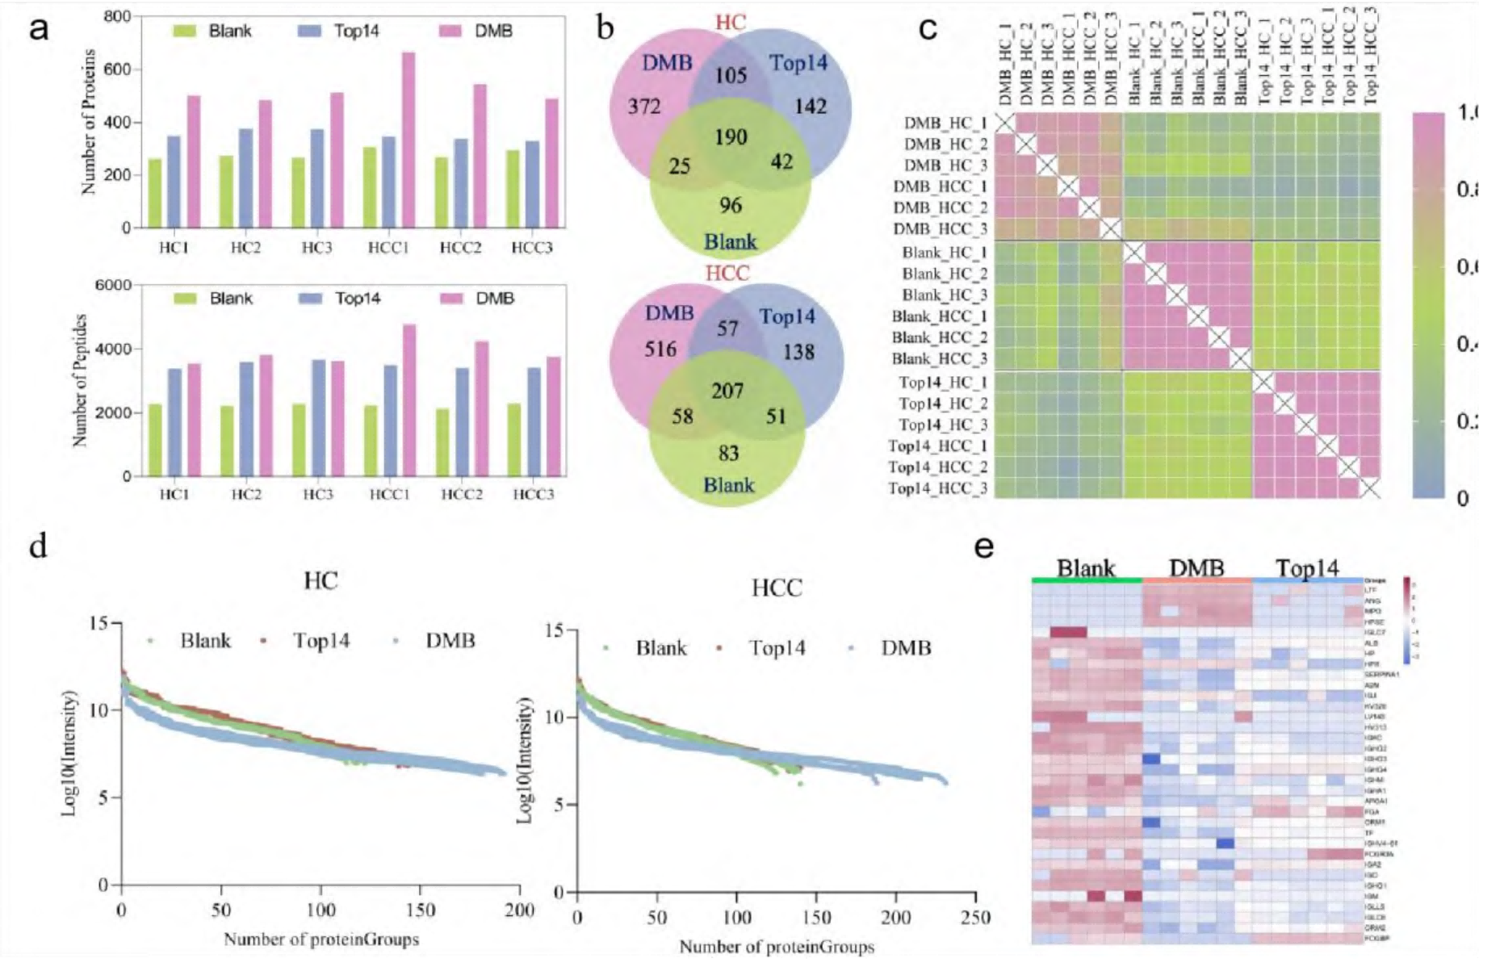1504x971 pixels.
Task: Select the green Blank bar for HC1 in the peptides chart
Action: (156, 440)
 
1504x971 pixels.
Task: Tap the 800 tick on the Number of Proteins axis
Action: (116, 17)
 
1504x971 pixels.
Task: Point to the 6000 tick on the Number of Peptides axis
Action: (112, 286)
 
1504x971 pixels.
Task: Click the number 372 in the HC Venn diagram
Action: (644, 107)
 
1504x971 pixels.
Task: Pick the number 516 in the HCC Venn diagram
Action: (660, 349)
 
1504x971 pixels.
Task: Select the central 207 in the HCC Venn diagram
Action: (727, 391)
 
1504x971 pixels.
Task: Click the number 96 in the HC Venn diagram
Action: (731, 205)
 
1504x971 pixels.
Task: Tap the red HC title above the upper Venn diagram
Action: (731, 22)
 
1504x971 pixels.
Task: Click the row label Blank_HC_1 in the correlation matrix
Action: (944, 253)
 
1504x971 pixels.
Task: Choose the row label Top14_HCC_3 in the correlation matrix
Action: (937, 488)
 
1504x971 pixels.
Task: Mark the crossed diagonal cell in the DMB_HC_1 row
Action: (1004, 123)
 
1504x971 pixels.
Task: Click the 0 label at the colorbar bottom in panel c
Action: (1463, 499)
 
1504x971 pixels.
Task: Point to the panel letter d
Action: (38, 546)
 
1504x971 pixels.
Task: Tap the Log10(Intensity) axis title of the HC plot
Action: (70, 752)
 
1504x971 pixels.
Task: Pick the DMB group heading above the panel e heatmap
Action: (1196, 568)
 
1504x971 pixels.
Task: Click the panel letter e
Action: (983, 547)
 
